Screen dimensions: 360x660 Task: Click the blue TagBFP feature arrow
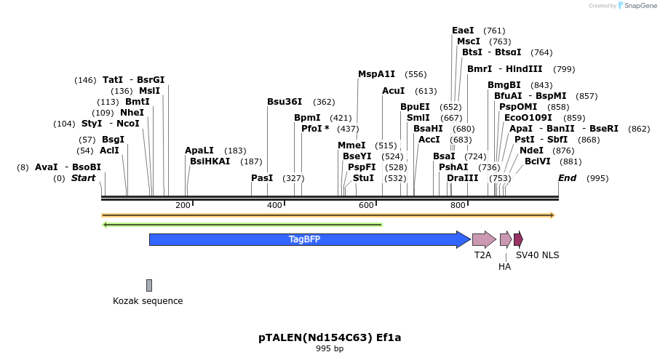[306, 239]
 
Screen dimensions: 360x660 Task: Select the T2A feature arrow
[483, 239]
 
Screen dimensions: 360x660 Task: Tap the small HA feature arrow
[505, 239]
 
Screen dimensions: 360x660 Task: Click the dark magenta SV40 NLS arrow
[518, 239]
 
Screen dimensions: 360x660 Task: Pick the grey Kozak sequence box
[149, 285]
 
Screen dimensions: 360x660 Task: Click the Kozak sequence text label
[148, 300]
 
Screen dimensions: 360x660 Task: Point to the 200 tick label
[183, 205]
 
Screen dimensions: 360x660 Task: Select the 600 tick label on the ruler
[366, 205]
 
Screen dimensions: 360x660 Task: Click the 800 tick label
[458, 205]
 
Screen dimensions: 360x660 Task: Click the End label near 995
[568, 178]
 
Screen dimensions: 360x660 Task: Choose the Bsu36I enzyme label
[285, 102]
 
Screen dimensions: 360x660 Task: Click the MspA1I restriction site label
[376, 74]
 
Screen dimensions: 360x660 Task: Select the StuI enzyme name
[363, 178]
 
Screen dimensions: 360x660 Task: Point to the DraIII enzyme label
[463, 178]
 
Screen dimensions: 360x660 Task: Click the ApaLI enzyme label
[199, 151]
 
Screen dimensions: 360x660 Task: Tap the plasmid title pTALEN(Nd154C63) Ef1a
[330, 337]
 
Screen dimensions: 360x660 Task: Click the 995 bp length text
[330, 349]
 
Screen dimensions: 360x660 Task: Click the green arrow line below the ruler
[242, 224]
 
